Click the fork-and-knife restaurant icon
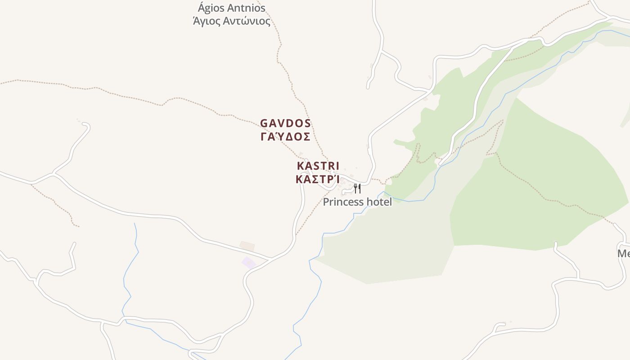click(357, 188)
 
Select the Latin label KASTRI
click(318, 166)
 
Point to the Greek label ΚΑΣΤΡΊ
click(317, 179)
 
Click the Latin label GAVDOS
click(285, 123)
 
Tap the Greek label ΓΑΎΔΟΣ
click(285, 136)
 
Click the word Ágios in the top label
click(211, 8)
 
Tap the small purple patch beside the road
click(249, 262)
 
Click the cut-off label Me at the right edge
click(624, 253)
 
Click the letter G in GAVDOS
click(264, 123)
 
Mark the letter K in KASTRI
click(300, 166)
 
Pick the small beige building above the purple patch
click(247, 246)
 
